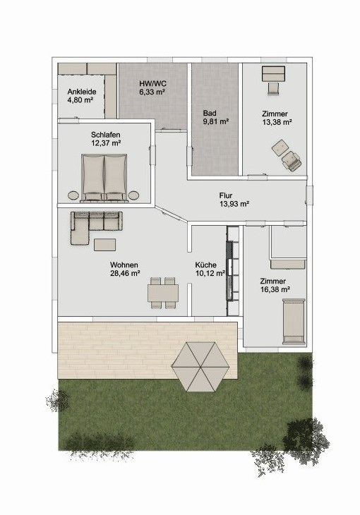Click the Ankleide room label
coord(82,92)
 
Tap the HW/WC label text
coord(152,83)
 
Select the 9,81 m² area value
coord(216,121)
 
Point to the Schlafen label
coord(106,135)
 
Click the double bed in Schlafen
coord(104,177)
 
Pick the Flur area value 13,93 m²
coord(234,204)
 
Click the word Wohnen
coord(124,265)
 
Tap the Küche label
coord(206,265)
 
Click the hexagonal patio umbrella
coord(200,367)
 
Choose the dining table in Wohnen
coord(163,293)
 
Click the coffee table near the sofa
coord(105,245)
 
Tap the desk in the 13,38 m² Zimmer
coord(274,74)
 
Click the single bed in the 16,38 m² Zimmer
coord(294,321)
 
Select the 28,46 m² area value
coord(125,273)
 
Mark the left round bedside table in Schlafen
coord(73,195)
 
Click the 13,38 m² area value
coord(277,122)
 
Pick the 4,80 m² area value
coord(80,100)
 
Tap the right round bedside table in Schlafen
coord(133,195)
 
